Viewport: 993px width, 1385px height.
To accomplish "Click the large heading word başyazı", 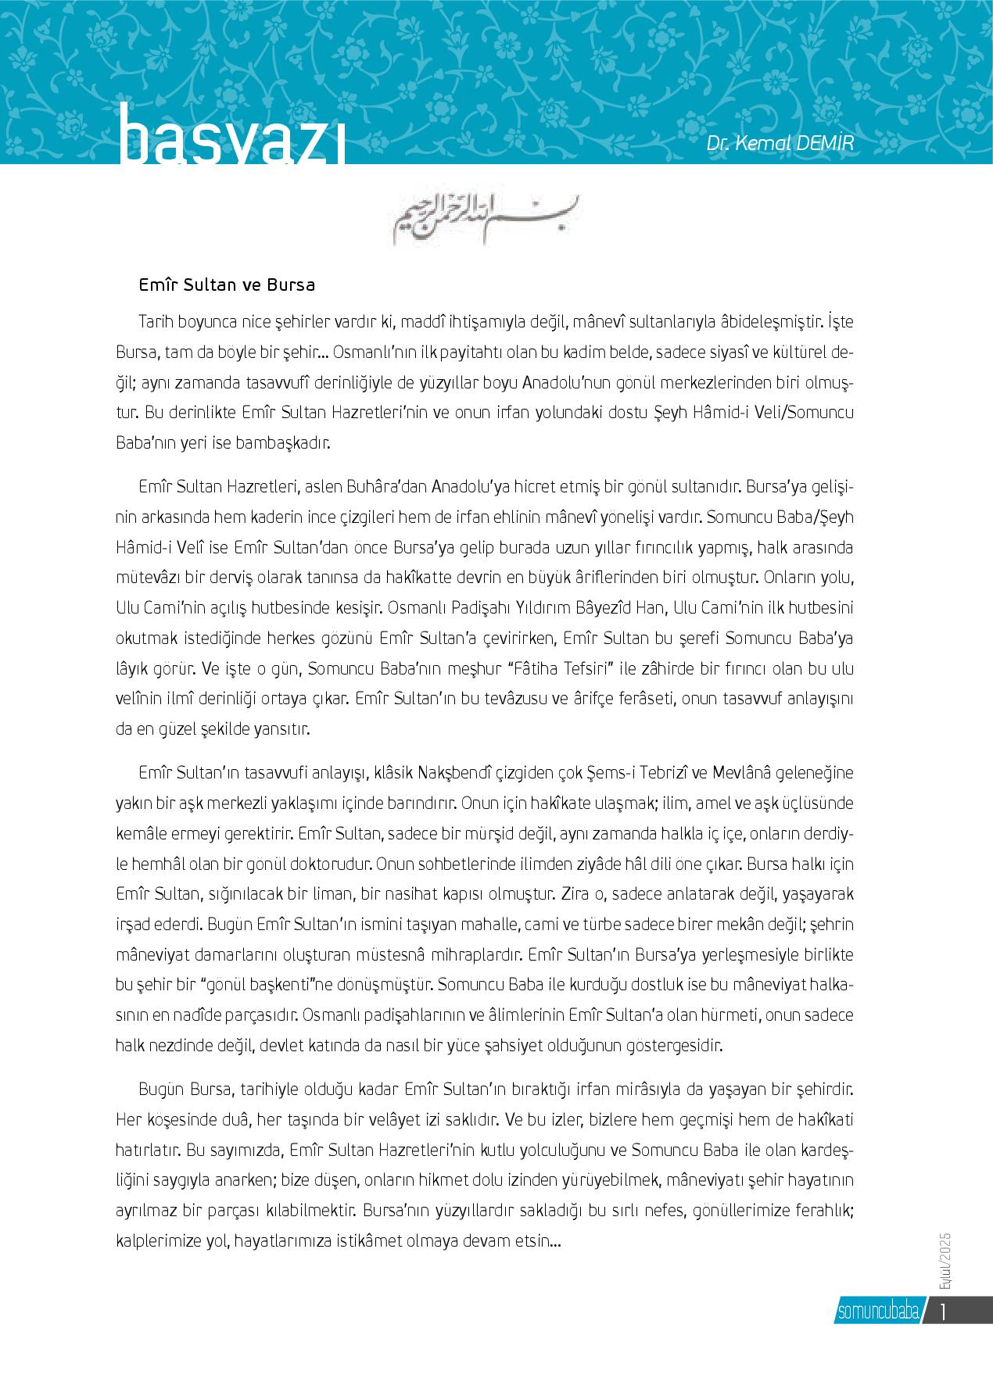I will pos(231,141).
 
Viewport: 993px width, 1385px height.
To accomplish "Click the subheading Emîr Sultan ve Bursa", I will pos(227,285).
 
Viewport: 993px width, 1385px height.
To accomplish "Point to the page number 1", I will pos(945,1310).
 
